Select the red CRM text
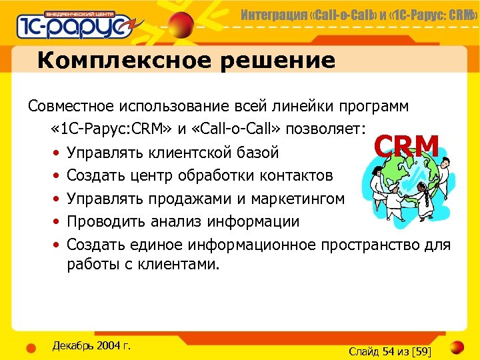coord(406,146)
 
